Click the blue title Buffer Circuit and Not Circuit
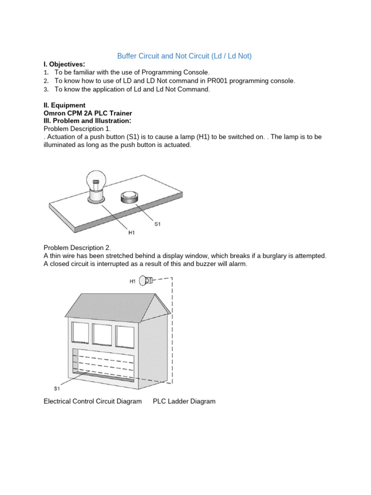(x=185, y=56)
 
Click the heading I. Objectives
(x=64, y=64)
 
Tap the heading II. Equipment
(x=64, y=105)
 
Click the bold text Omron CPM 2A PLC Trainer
(x=87, y=113)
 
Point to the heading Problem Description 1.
(x=77, y=129)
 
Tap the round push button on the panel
(x=129, y=197)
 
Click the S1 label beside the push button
(x=157, y=224)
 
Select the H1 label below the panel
(x=131, y=233)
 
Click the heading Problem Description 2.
(x=77, y=247)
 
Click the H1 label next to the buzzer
(x=132, y=281)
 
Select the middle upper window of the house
(x=101, y=335)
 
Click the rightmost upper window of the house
(x=124, y=336)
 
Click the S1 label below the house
(x=57, y=388)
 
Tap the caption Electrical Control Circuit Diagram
(x=93, y=401)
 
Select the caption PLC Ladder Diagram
(x=184, y=401)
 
